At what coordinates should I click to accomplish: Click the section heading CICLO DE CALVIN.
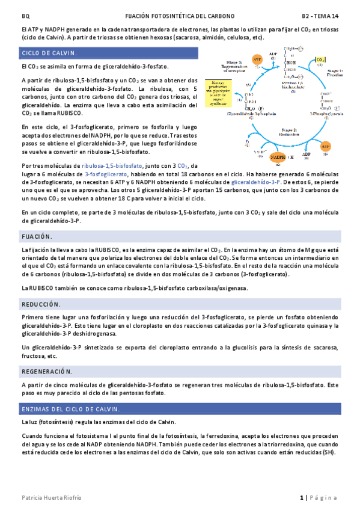pyautogui.click(x=46, y=54)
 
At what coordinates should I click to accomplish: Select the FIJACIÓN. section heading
pyautogui.click(x=37, y=236)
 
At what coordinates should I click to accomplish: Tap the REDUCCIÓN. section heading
pyautogui.click(x=41, y=305)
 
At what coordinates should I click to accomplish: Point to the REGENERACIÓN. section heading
pyautogui.click(x=46, y=372)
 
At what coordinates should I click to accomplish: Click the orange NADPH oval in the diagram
pyautogui.click(x=279, y=158)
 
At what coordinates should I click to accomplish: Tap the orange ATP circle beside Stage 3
pyautogui.click(x=257, y=60)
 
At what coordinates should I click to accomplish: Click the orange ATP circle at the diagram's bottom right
pyautogui.click(x=326, y=146)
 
